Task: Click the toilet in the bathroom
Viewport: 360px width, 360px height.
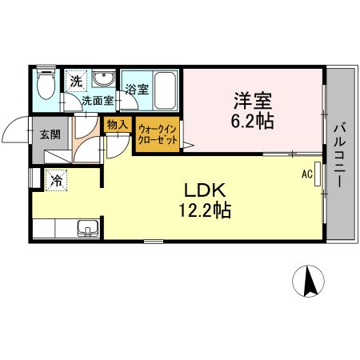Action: point(46,84)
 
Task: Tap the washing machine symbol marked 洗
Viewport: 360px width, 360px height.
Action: point(75,81)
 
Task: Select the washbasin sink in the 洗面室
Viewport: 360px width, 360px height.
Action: point(102,80)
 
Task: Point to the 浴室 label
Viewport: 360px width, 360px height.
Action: point(136,90)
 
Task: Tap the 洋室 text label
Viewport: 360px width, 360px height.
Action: point(253,102)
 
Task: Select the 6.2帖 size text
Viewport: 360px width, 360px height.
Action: point(253,122)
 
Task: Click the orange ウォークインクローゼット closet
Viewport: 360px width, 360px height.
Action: point(158,133)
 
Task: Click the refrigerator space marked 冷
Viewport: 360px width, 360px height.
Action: point(57,181)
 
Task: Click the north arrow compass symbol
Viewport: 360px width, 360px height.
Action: point(308,281)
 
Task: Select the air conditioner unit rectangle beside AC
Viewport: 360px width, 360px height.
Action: point(318,175)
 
